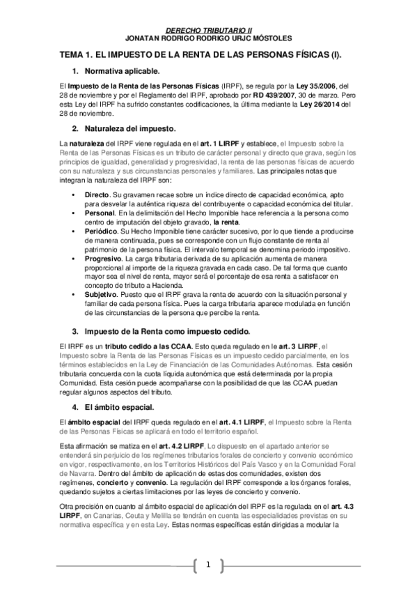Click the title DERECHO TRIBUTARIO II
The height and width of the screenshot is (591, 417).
[x=208, y=31]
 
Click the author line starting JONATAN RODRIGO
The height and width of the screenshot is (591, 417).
[x=208, y=39]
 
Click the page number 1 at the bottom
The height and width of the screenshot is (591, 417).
[x=207, y=565]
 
